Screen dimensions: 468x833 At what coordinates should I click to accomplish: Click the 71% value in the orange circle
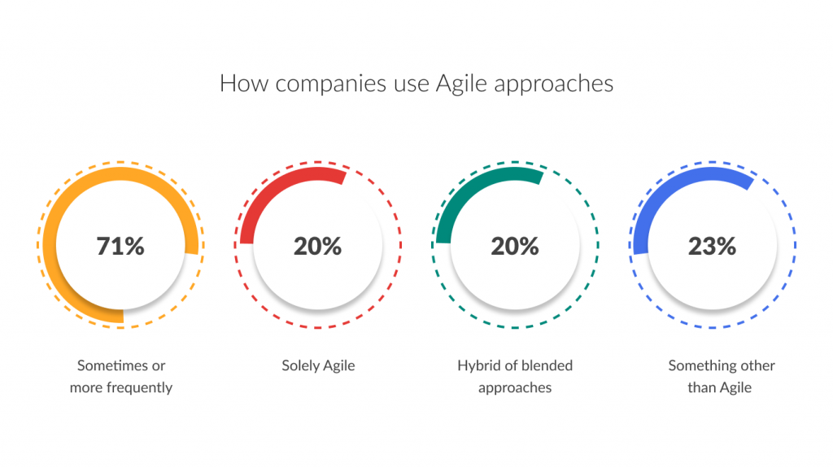pyautogui.click(x=120, y=246)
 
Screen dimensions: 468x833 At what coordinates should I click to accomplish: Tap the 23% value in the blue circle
pyautogui.click(x=712, y=246)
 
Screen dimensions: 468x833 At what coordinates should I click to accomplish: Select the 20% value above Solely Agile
pyautogui.click(x=317, y=246)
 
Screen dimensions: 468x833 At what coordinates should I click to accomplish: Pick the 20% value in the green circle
pyautogui.click(x=514, y=246)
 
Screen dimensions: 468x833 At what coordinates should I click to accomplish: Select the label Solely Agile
pyautogui.click(x=317, y=366)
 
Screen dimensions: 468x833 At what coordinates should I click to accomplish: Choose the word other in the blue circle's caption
pyautogui.click(x=757, y=366)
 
